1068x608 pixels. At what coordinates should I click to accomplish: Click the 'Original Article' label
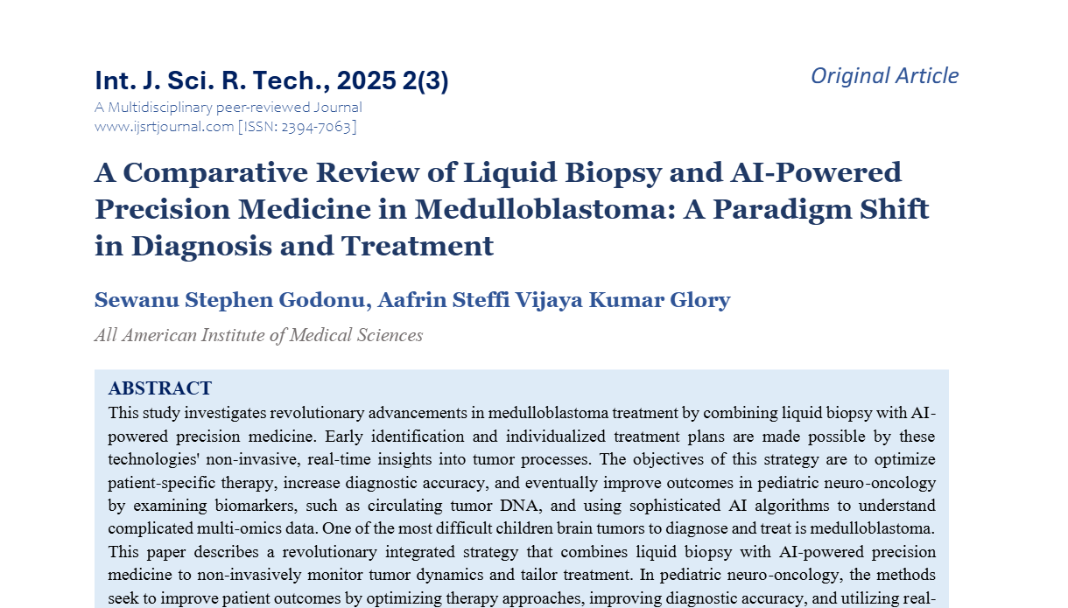click(x=884, y=76)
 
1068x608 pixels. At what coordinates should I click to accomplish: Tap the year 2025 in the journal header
click(x=366, y=81)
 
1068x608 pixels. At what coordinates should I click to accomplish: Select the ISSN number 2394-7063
click(x=319, y=127)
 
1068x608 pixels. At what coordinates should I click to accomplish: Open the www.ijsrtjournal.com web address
click(x=164, y=127)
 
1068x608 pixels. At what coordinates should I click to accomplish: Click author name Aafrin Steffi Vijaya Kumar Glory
click(x=555, y=301)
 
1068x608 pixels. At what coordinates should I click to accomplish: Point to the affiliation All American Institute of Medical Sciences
click(x=258, y=335)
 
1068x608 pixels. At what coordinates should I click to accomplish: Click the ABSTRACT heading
click(x=159, y=388)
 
